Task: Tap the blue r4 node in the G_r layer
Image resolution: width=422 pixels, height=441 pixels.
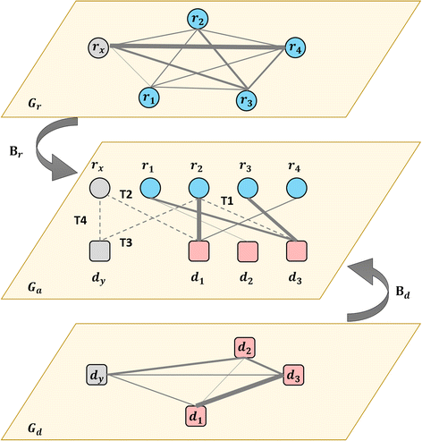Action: (297, 47)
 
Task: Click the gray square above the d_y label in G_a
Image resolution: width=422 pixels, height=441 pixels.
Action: (100, 250)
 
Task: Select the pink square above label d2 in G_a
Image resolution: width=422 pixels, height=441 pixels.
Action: (248, 250)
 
